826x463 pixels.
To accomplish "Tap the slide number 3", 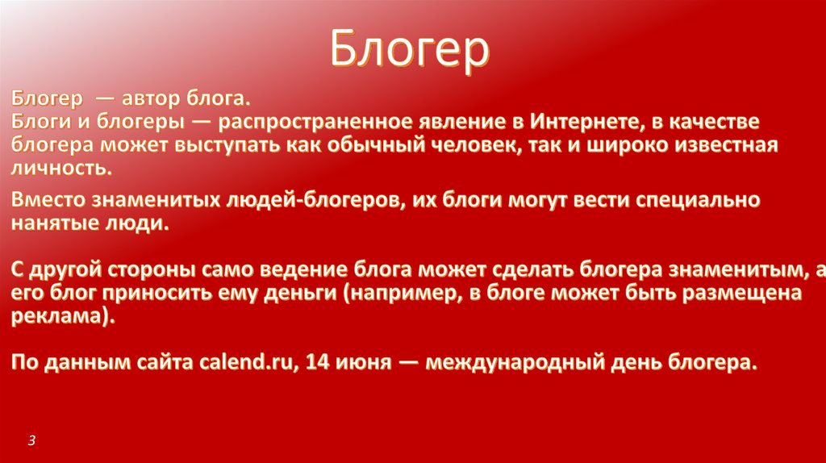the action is point(31,440).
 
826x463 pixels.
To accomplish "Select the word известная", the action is point(726,145).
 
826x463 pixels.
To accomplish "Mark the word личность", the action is point(61,168).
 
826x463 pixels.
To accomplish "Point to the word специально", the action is point(698,201).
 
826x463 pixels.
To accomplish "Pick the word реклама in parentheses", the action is point(58,316).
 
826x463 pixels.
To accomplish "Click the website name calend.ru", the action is point(245,362).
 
